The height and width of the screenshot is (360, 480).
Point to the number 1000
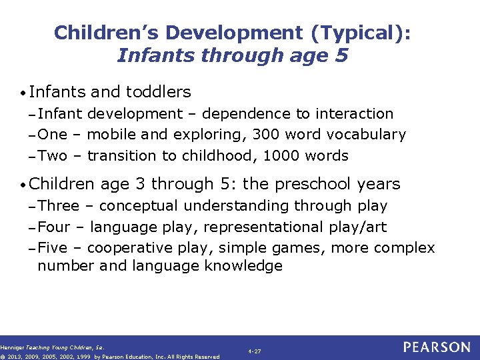click(283, 156)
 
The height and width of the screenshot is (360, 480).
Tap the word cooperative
click(129, 249)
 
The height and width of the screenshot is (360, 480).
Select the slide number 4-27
click(254, 351)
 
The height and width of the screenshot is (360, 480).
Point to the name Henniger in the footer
click(11, 347)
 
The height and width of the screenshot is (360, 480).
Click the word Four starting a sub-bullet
click(53, 227)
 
